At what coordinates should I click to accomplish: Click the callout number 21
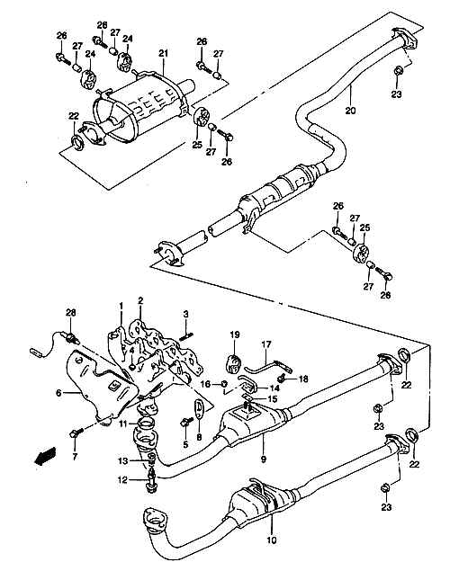point(163,53)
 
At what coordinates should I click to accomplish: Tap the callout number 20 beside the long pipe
point(350,111)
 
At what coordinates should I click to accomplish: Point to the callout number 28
point(71,313)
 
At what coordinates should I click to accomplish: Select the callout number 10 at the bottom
point(272,540)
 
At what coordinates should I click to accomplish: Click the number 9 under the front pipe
point(264,459)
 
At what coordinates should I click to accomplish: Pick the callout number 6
point(58,393)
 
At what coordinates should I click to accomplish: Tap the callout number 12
point(122,479)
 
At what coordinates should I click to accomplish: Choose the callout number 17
point(266,344)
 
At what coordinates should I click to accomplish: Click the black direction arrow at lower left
point(45,456)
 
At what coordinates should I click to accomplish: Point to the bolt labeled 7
point(76,432)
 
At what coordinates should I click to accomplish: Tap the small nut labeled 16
point(224,383)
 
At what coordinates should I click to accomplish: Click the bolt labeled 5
point(185,423)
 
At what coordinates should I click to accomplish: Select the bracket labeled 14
point(247,384)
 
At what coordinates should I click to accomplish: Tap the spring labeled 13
point(152,462)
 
